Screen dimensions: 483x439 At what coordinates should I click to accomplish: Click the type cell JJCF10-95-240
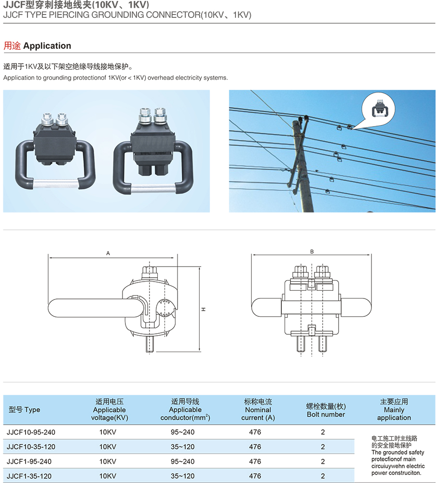28,432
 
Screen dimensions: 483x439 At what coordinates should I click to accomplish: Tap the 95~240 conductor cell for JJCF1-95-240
182,462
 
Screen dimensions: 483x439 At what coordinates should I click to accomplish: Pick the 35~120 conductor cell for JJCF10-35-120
182,447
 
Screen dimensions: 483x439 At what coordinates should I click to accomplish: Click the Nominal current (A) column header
258,410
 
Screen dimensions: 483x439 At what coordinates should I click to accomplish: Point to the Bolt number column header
326,410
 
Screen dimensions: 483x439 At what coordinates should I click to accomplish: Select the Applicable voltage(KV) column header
110,410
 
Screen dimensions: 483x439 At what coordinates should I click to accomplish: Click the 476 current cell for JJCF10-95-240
255,432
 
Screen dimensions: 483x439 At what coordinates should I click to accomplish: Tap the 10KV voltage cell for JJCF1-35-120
108,476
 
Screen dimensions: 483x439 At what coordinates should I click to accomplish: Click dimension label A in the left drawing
109,253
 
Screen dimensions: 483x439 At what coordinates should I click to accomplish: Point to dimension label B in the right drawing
312,252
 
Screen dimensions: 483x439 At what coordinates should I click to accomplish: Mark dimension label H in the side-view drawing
204,309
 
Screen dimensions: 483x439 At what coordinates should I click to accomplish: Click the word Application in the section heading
47,46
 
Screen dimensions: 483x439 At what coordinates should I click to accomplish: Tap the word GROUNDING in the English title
109,15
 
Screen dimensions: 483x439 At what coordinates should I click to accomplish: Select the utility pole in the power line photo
303,164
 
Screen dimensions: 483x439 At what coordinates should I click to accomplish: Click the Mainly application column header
394,410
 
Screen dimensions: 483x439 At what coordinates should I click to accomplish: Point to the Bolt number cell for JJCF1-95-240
323,462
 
